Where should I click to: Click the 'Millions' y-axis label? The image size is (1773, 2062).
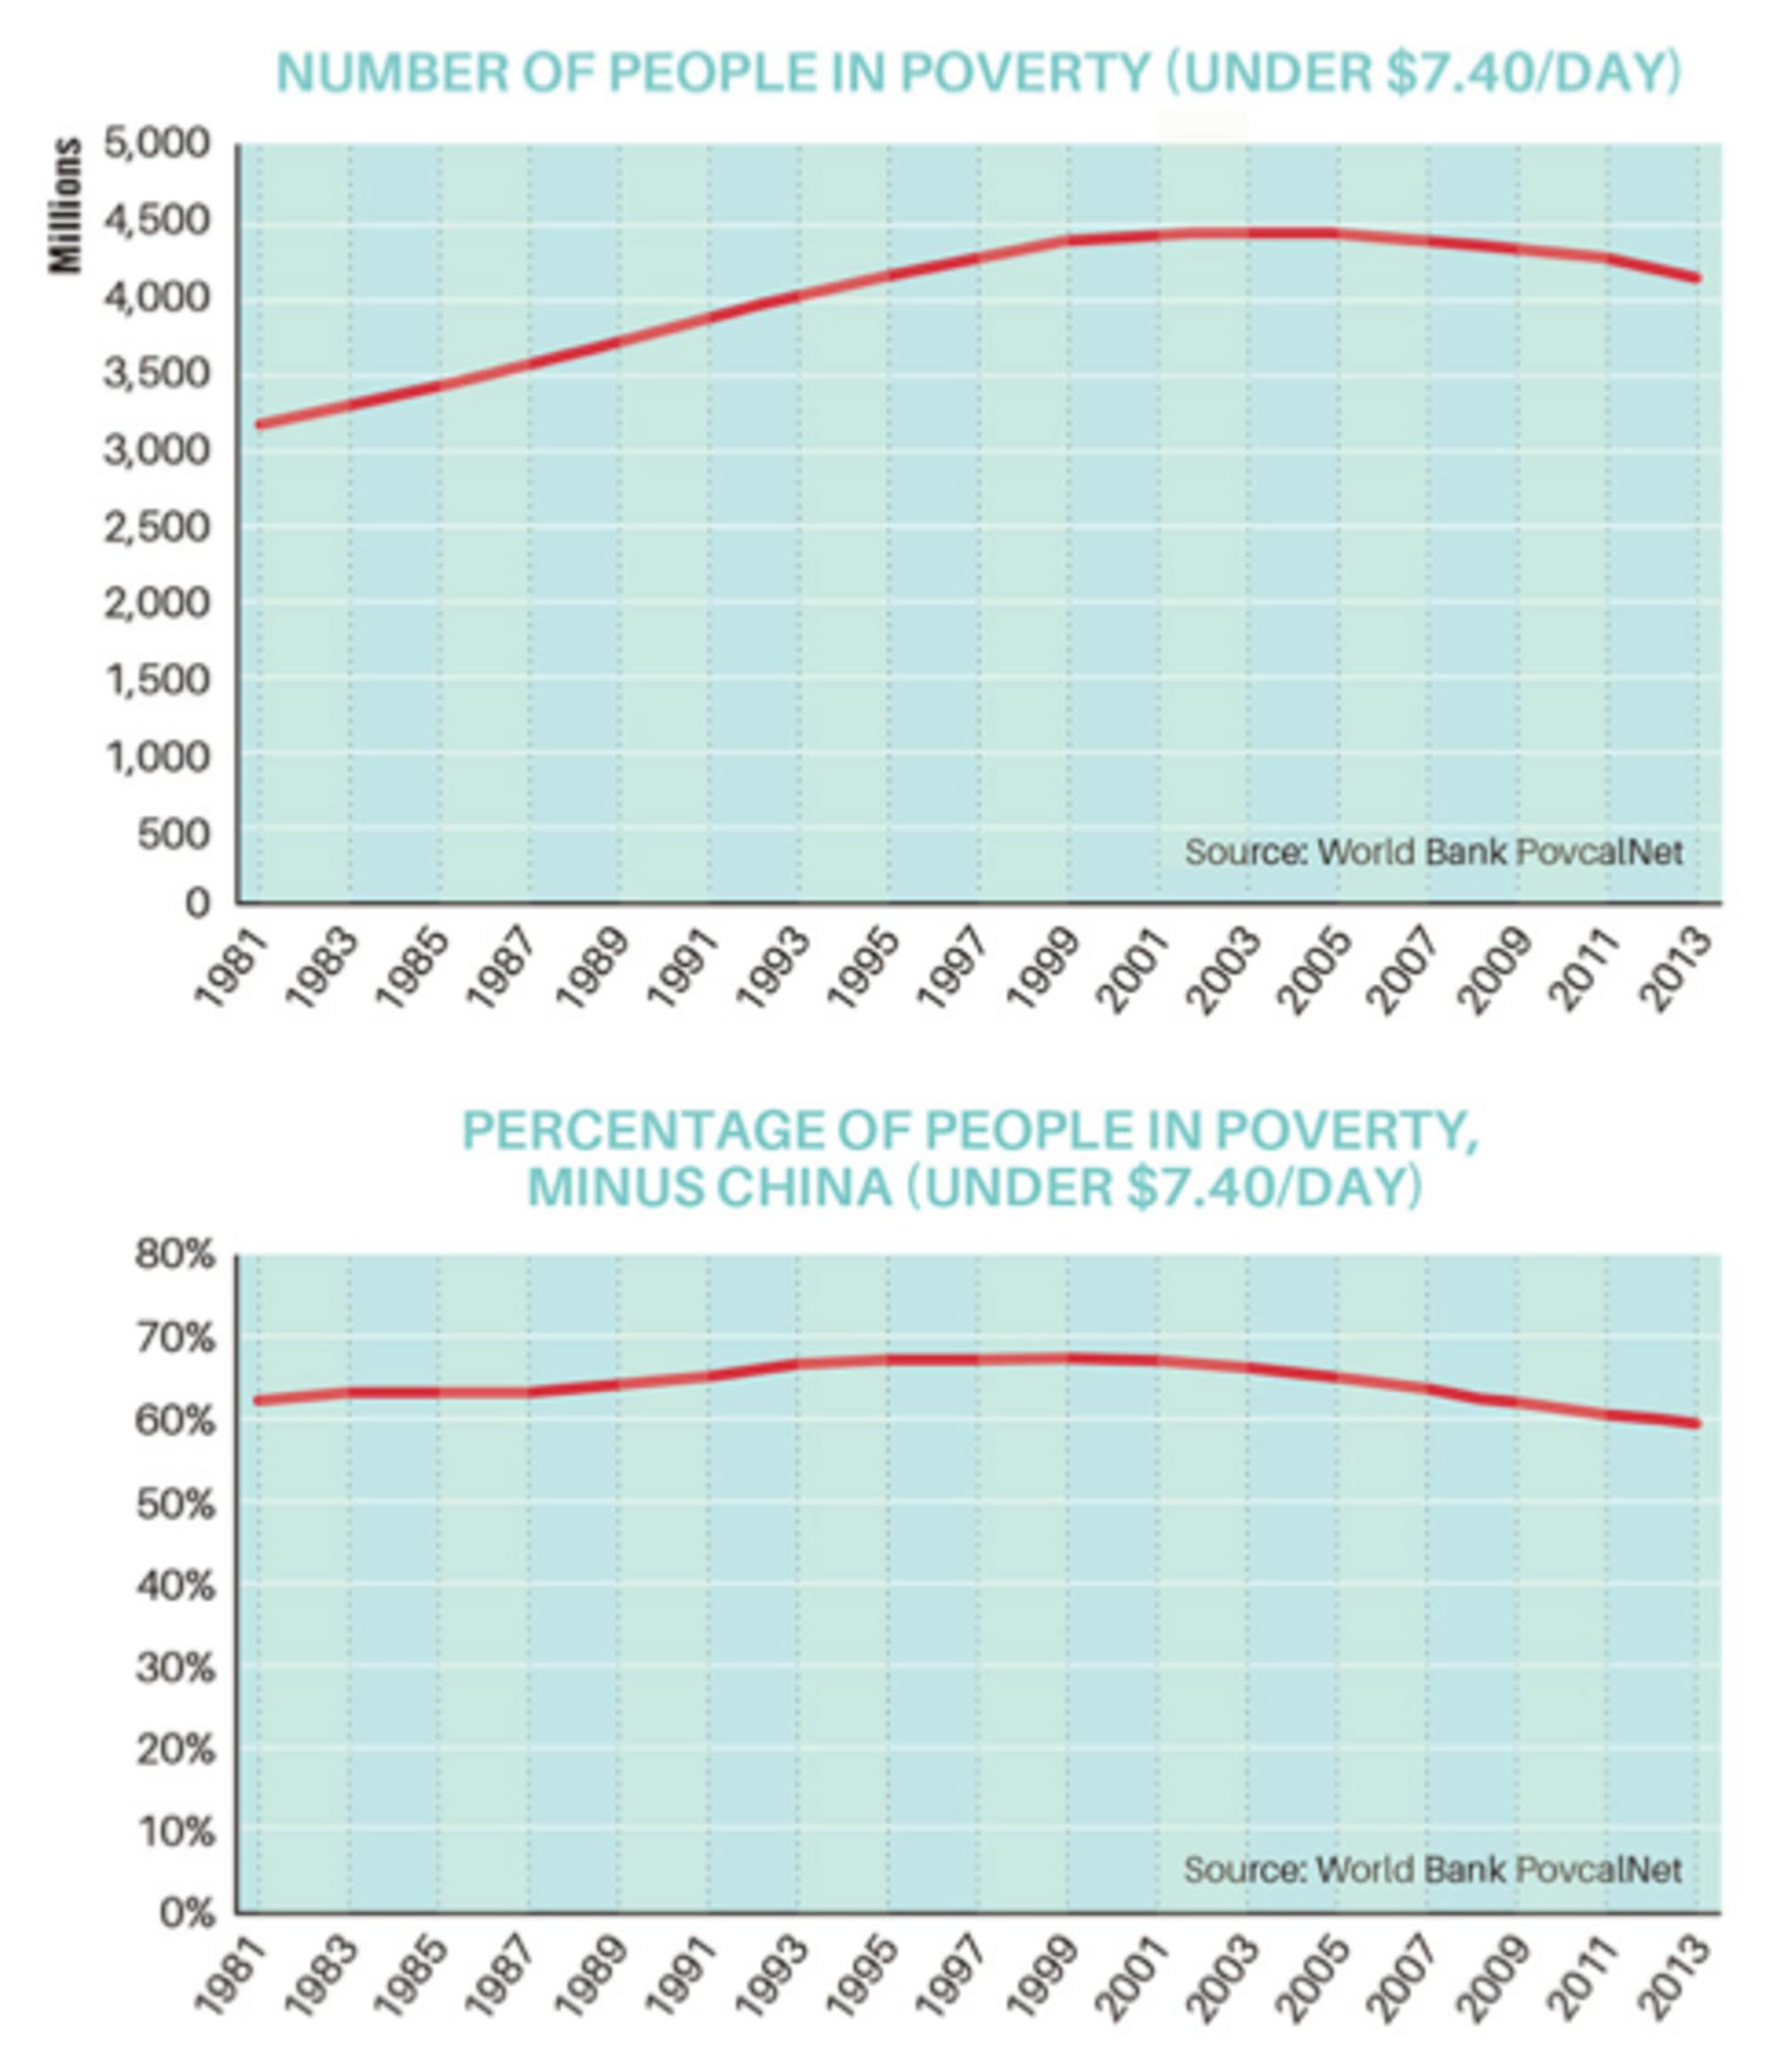coord(66,205)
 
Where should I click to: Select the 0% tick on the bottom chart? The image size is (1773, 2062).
coord(187,1914)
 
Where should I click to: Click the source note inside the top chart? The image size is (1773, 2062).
coord(1433,853)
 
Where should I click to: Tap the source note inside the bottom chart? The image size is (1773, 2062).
coord(1433,1870)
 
